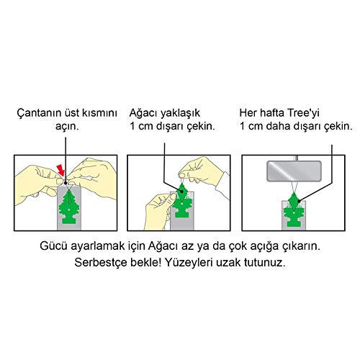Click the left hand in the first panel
coord(32,176)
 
